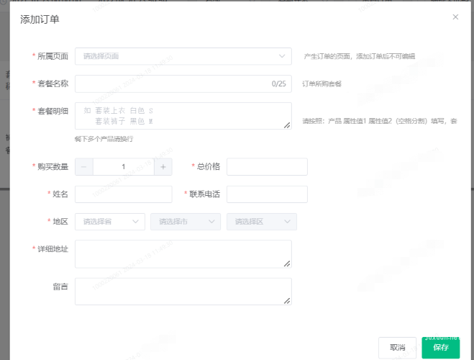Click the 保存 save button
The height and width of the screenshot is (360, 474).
click(x=440, y=347)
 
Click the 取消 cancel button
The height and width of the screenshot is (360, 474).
click(x=397, y=347)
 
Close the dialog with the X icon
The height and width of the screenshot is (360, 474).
click(x=455, y=17)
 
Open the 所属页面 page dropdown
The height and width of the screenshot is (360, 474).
click(x=183, y=56)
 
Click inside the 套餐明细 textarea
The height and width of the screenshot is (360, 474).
click(x=183, y=116)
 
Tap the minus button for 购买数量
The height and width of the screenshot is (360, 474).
click(x=84, y=167)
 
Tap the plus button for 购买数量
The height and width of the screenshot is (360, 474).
click(x=163, y=167)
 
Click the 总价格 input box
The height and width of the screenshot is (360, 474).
click(x=267, y=167)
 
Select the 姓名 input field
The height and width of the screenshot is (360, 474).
click(x=123, y=194)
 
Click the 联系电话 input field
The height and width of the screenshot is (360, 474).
click(x=267, y=194)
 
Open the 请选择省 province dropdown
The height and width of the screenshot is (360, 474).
click(x=109, y=222)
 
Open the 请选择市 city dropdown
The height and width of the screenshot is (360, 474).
click(x=185, y=222)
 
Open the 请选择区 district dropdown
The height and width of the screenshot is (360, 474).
click(x=261, y=222)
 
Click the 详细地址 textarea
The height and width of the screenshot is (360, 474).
click(x=183, y=253)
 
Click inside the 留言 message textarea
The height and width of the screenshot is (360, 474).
click(x=183, y=292)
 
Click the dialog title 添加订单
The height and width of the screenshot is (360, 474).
click(x=40, y=19)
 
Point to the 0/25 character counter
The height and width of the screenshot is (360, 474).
click(x=278, y=84)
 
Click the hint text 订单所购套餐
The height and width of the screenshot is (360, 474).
click(x=322, y=84)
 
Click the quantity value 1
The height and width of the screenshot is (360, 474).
click(x=124, y=167)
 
